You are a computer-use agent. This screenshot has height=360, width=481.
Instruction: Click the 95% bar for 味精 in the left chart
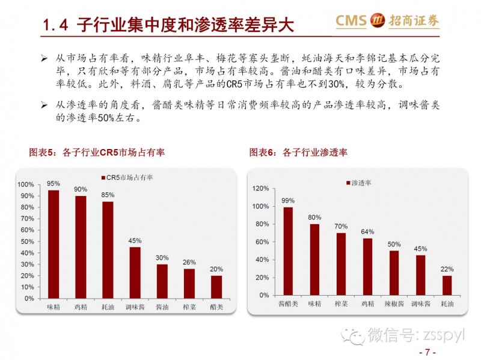[x=54, y=244]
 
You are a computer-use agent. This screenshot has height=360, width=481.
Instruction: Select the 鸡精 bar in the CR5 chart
[x=81, y=247]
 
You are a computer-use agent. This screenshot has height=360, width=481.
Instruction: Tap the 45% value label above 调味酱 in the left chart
[x=135, y=241]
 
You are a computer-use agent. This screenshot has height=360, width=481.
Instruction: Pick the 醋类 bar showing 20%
[x=216, y=287]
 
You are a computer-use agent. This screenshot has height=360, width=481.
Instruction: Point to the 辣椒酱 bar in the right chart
[x=394, y=273]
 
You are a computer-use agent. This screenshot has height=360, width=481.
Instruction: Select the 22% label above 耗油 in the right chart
[x=447, y=269]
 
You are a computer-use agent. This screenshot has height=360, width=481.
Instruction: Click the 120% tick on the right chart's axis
[x=260, y=188]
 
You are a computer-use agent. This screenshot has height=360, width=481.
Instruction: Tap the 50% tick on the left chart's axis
[x=26, y=241]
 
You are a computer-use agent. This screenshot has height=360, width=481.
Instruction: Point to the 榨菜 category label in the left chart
[x=189, y=307]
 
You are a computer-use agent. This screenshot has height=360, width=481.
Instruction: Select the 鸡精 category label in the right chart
[x=367, y=304]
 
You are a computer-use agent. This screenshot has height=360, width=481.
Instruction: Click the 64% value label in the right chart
[x=367, y=231]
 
